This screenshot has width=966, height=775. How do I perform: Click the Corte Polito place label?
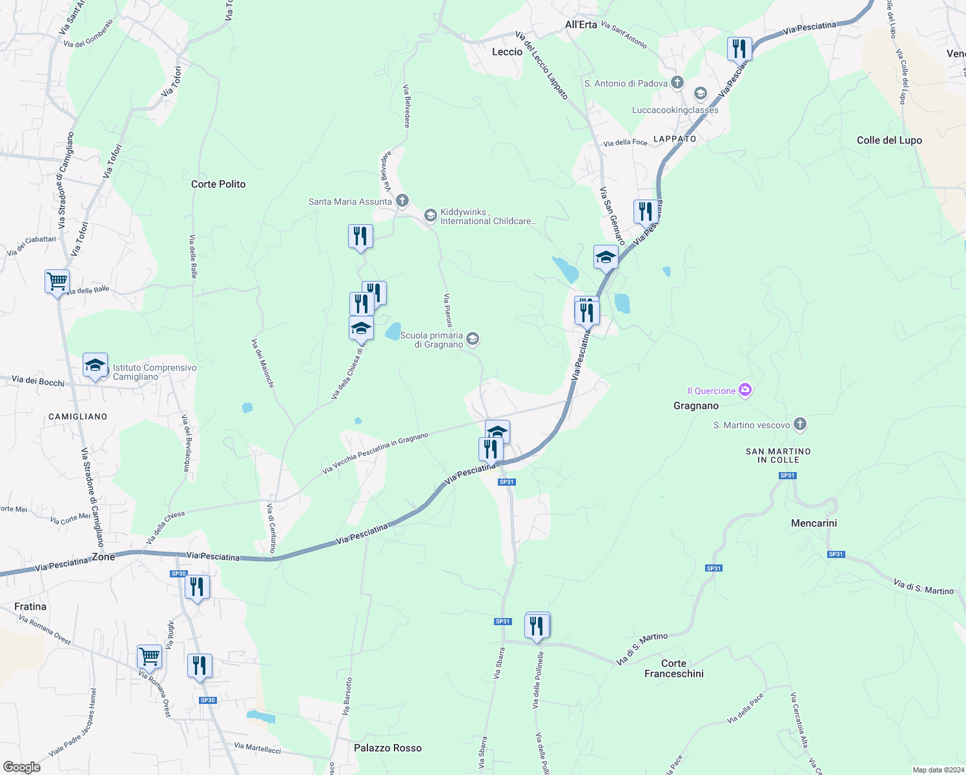pyautogui.click(x=218, y=184)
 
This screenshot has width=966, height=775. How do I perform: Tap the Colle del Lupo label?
pyautogui.click(x=889, y=140)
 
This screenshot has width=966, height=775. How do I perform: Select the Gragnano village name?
pyautogui.click(x=696, y=406)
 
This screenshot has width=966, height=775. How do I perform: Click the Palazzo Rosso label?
pyautogui.click(x=387, y=748)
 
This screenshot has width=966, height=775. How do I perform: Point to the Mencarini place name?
pyautogui.click(x=814, y=523)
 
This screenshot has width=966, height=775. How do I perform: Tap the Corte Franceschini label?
pyautogui.click(x=673, y=668)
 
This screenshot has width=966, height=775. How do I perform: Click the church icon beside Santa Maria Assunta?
pyautogui.click(x=402, y=201)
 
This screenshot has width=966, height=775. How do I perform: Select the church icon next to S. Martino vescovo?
pyautogui.click(x=800, y=424)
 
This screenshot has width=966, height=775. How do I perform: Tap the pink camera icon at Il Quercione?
pyautogui.click(x=745, y=390)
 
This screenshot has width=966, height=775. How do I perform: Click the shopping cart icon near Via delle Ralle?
pyautogui.click(x=57, y=282)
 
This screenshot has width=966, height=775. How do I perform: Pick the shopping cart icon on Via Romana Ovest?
pyautogui.click(x=149, y=656)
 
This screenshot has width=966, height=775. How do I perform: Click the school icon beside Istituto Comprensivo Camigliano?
pyautogui.click(x=95, y=366)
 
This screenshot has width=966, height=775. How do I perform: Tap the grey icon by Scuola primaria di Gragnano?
pyautogui.click(x=473, y=339)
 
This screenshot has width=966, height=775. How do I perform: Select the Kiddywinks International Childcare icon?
pyautogui.click(x=431, y=216)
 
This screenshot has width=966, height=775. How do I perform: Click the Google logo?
pyautogui.click(x=22, y=767)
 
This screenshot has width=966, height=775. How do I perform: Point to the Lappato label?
pyautogui.click(x=675, y=139)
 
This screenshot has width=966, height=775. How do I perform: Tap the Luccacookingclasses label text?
pyautogui.click(x=675, y=110)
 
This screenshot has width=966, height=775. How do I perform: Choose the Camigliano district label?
pyautogui.click(x=77, y=417)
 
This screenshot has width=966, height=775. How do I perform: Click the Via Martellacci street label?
pyautogui.click(x=257, y=747)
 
